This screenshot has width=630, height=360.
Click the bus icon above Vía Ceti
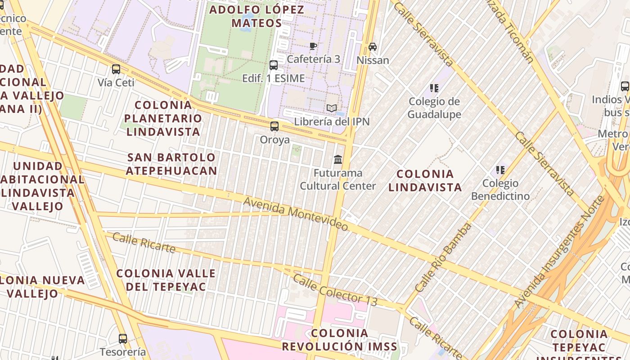point(116,69)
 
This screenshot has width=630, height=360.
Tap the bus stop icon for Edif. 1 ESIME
point(274,65)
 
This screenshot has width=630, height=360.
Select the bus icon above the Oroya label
point(274,126)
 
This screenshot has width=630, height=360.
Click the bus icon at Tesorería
point(123,338)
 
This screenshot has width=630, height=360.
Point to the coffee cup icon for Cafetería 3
point(314,46)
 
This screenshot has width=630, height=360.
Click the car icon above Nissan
point(373,46)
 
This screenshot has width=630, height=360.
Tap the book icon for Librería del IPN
point(332,108)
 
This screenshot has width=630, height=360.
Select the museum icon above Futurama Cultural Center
point(338,159)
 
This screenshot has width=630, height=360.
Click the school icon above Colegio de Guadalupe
point(434,88)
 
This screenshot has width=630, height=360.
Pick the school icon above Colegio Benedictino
point(500,170)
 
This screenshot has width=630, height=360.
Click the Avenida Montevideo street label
point(296,213)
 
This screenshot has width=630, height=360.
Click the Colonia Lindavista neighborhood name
point(425,180)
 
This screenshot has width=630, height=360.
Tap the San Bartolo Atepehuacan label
point(171,164)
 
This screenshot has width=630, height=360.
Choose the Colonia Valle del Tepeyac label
point(166,280)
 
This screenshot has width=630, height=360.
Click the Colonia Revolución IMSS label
point(340,340)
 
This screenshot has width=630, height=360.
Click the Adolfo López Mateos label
point(257,16)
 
